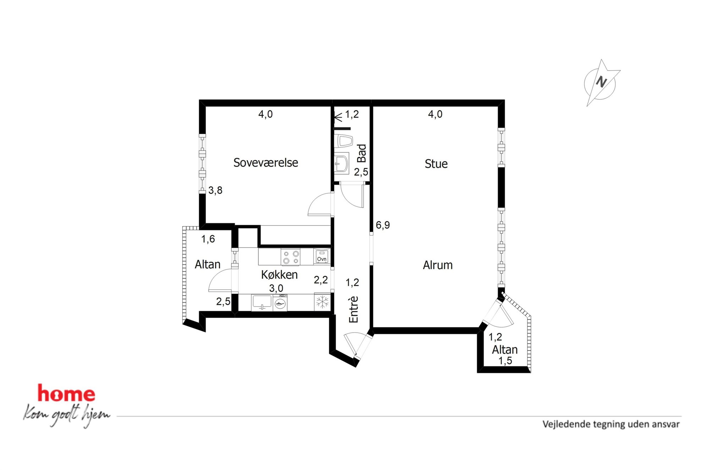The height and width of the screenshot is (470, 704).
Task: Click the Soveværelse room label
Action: point(265,162)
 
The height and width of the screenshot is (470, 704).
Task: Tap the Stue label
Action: point(436,164)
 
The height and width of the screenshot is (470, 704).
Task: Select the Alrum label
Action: point(438,265)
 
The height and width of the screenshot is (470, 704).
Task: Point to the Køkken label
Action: point(279,275)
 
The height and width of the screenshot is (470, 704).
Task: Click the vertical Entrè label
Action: point(354,309)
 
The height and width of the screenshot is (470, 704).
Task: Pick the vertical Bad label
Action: point(362,153)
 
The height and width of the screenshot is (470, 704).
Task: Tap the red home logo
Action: point(66,393)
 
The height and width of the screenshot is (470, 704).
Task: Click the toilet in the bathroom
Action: point(343,141)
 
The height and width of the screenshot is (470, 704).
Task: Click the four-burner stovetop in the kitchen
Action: point(291,257)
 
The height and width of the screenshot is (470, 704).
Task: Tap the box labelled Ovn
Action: point(322,256)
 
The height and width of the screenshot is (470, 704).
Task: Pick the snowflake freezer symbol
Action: point(323,302)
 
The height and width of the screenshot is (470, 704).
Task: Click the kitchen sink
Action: point(262,302)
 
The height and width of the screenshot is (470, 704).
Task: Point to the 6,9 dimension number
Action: point(383,225)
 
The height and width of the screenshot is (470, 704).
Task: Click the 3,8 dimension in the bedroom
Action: point(215,190)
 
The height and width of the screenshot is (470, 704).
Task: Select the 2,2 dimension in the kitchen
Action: point(321,280)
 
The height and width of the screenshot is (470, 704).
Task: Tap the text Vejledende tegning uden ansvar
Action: point(611,424)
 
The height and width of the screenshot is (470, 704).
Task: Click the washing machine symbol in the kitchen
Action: point(280,303)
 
